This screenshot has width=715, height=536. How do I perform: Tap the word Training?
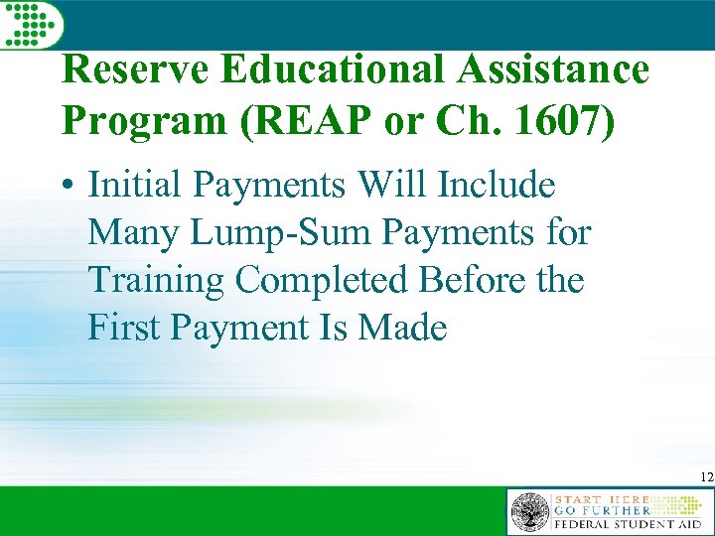pos(156,281)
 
